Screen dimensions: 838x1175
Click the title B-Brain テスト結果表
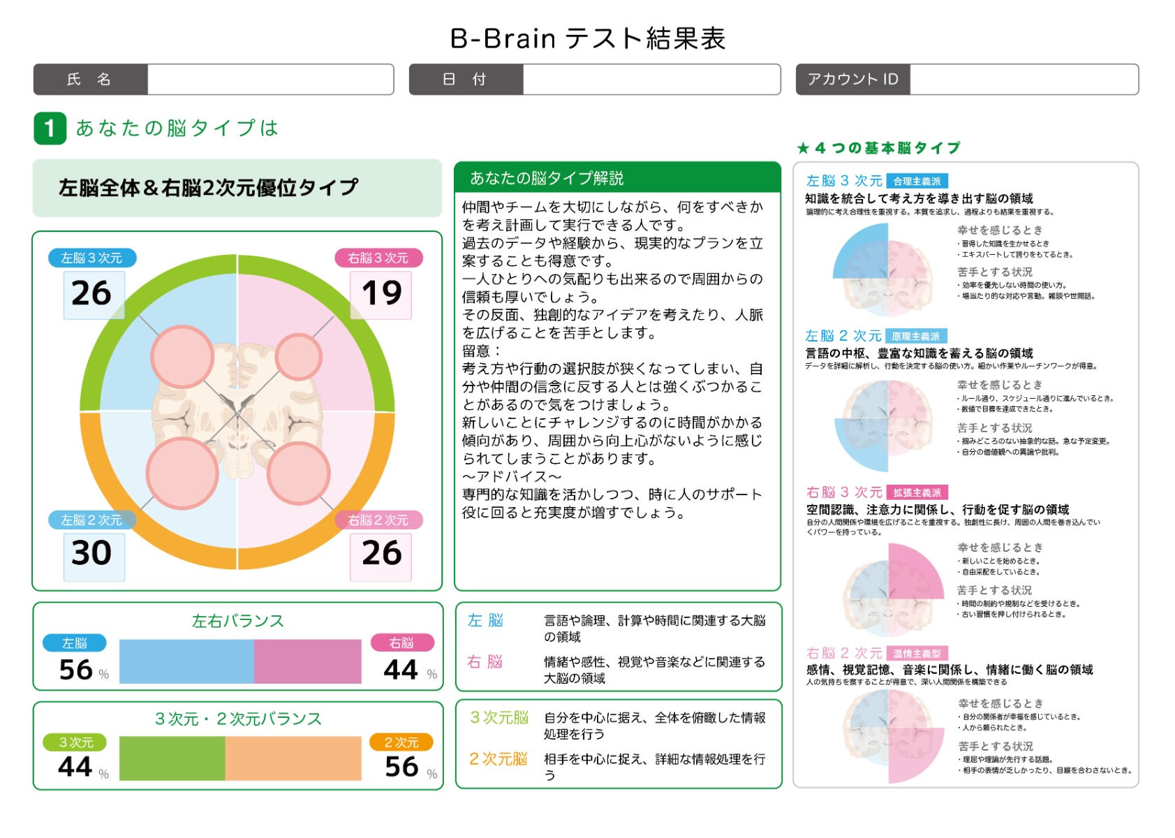click(587, 38)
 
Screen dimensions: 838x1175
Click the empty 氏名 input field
click(270, 80)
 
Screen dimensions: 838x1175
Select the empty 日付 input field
click(651, 80)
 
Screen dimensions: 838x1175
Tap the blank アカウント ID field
click(1023, 80)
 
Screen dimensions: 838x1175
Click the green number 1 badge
click(50, 128)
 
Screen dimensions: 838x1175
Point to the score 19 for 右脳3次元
click(381, 293)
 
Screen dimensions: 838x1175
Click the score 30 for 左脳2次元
click(91, 553)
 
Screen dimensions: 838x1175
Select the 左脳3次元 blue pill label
click(91, 258)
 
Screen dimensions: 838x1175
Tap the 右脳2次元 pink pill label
click(378, 520)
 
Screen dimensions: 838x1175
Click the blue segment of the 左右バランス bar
click(186, 661)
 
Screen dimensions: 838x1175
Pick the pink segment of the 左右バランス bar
click(307, 661)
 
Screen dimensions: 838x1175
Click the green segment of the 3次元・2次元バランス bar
click(172, 758)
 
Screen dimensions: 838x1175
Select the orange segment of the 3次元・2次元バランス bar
click(293, 758)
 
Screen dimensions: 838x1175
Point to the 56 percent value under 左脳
click(76, 670)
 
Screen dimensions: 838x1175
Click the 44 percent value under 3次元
click(75, 767)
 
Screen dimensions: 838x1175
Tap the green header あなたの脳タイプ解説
click(616, 178)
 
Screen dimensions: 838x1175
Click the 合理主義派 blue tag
click(917, 182)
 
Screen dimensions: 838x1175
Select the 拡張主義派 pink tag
click(917, 493)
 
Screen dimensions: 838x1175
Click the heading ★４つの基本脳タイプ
click(878, 148)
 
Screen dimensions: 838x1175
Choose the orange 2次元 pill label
click(401, 742)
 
